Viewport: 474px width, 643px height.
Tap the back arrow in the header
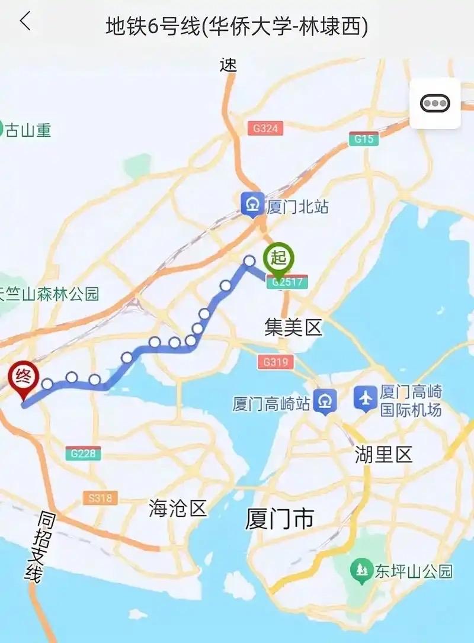tap(24, 22)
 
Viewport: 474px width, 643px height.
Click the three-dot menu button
tap(435, 104)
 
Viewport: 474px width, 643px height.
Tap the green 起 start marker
tap(278, 258)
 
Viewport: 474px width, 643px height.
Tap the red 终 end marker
tap(23, 377)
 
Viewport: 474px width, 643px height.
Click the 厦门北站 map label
tap(297, 207)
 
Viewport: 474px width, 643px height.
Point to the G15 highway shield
tap(363, 139)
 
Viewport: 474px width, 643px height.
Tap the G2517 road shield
tap(287, 282)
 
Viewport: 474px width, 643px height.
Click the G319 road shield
tap(276, 361)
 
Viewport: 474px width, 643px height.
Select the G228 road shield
tap(84, 454)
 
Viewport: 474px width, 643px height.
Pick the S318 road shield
tap(100, 498)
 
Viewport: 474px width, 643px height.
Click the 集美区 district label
tap(293, 327)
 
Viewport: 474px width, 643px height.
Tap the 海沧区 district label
tap(177, 508)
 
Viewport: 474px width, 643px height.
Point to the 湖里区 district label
tap(383, 455)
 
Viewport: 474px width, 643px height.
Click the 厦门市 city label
tap(279, 520)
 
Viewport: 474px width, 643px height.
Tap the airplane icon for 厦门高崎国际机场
tap(366, 399)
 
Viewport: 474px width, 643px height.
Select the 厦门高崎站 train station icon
tap(325, 402)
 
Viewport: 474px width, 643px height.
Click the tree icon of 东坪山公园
tap(361, 570)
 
